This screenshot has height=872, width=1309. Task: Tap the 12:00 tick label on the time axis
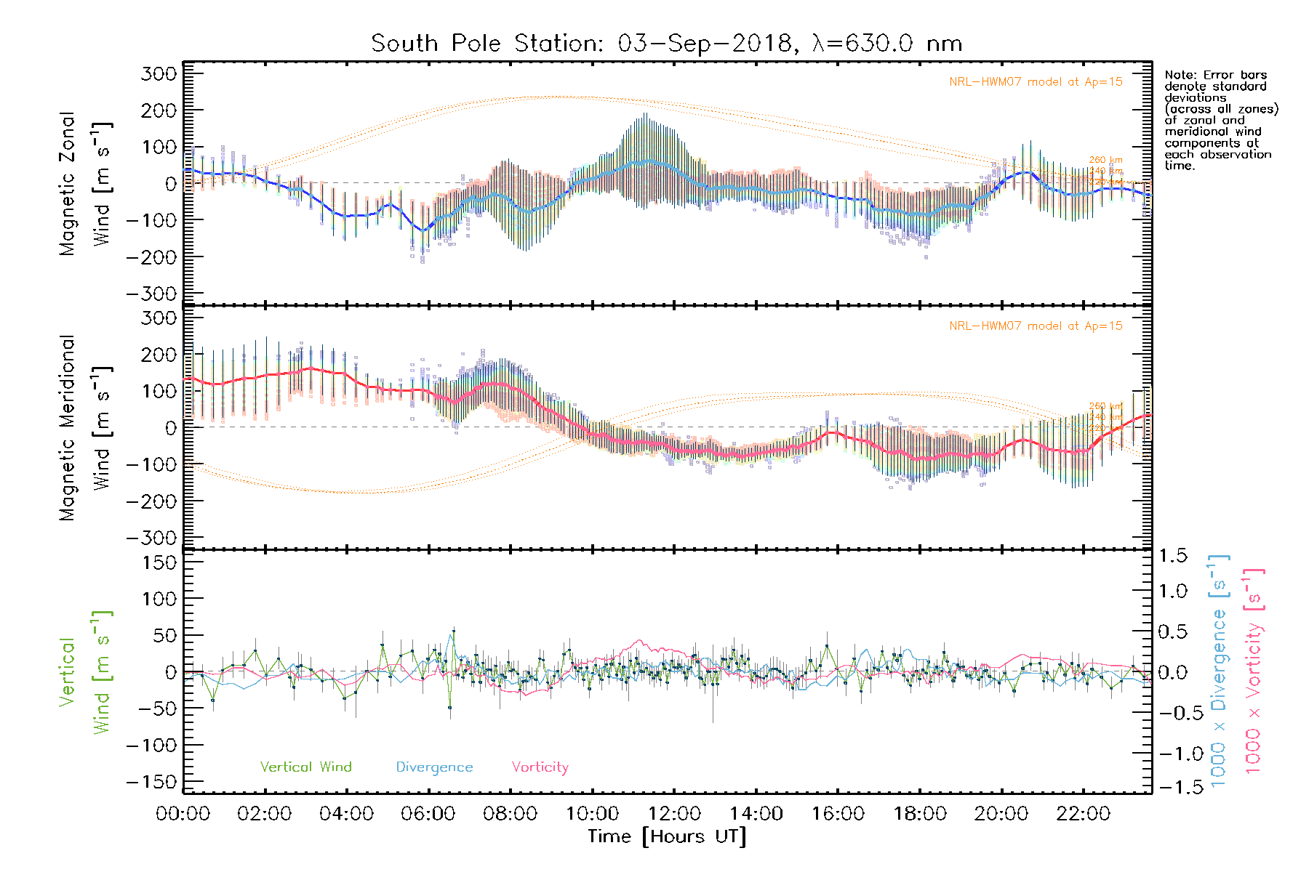(x=674, y=814)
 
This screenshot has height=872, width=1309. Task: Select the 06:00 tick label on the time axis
(x=428, y=814)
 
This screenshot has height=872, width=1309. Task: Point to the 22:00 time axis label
(x=1083, y=814)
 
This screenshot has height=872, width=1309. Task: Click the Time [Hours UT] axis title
(x=667, y=837)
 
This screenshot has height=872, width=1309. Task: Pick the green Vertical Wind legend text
(x=305, y=767)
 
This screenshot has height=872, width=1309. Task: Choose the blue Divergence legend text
(x=434, y=767)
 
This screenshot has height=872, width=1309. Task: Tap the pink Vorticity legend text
(x=540, y=767)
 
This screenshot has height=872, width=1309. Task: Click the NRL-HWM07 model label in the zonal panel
(x=1036, y=82)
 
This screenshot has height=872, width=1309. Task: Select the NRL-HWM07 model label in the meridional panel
(x=1036, y=326)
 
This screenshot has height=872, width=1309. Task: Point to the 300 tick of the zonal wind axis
(x=159, y=74)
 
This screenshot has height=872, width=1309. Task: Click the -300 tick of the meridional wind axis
(x=151, y=538)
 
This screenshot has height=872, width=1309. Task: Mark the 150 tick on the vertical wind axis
(x=159, y=562)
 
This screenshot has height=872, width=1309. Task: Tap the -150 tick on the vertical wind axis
(x=151, y=783)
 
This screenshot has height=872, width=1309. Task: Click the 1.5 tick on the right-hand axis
(x=1172, y=556)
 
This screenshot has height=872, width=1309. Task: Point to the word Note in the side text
(x=1177, y=75)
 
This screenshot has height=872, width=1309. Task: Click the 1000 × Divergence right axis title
(x=1219, y=670)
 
